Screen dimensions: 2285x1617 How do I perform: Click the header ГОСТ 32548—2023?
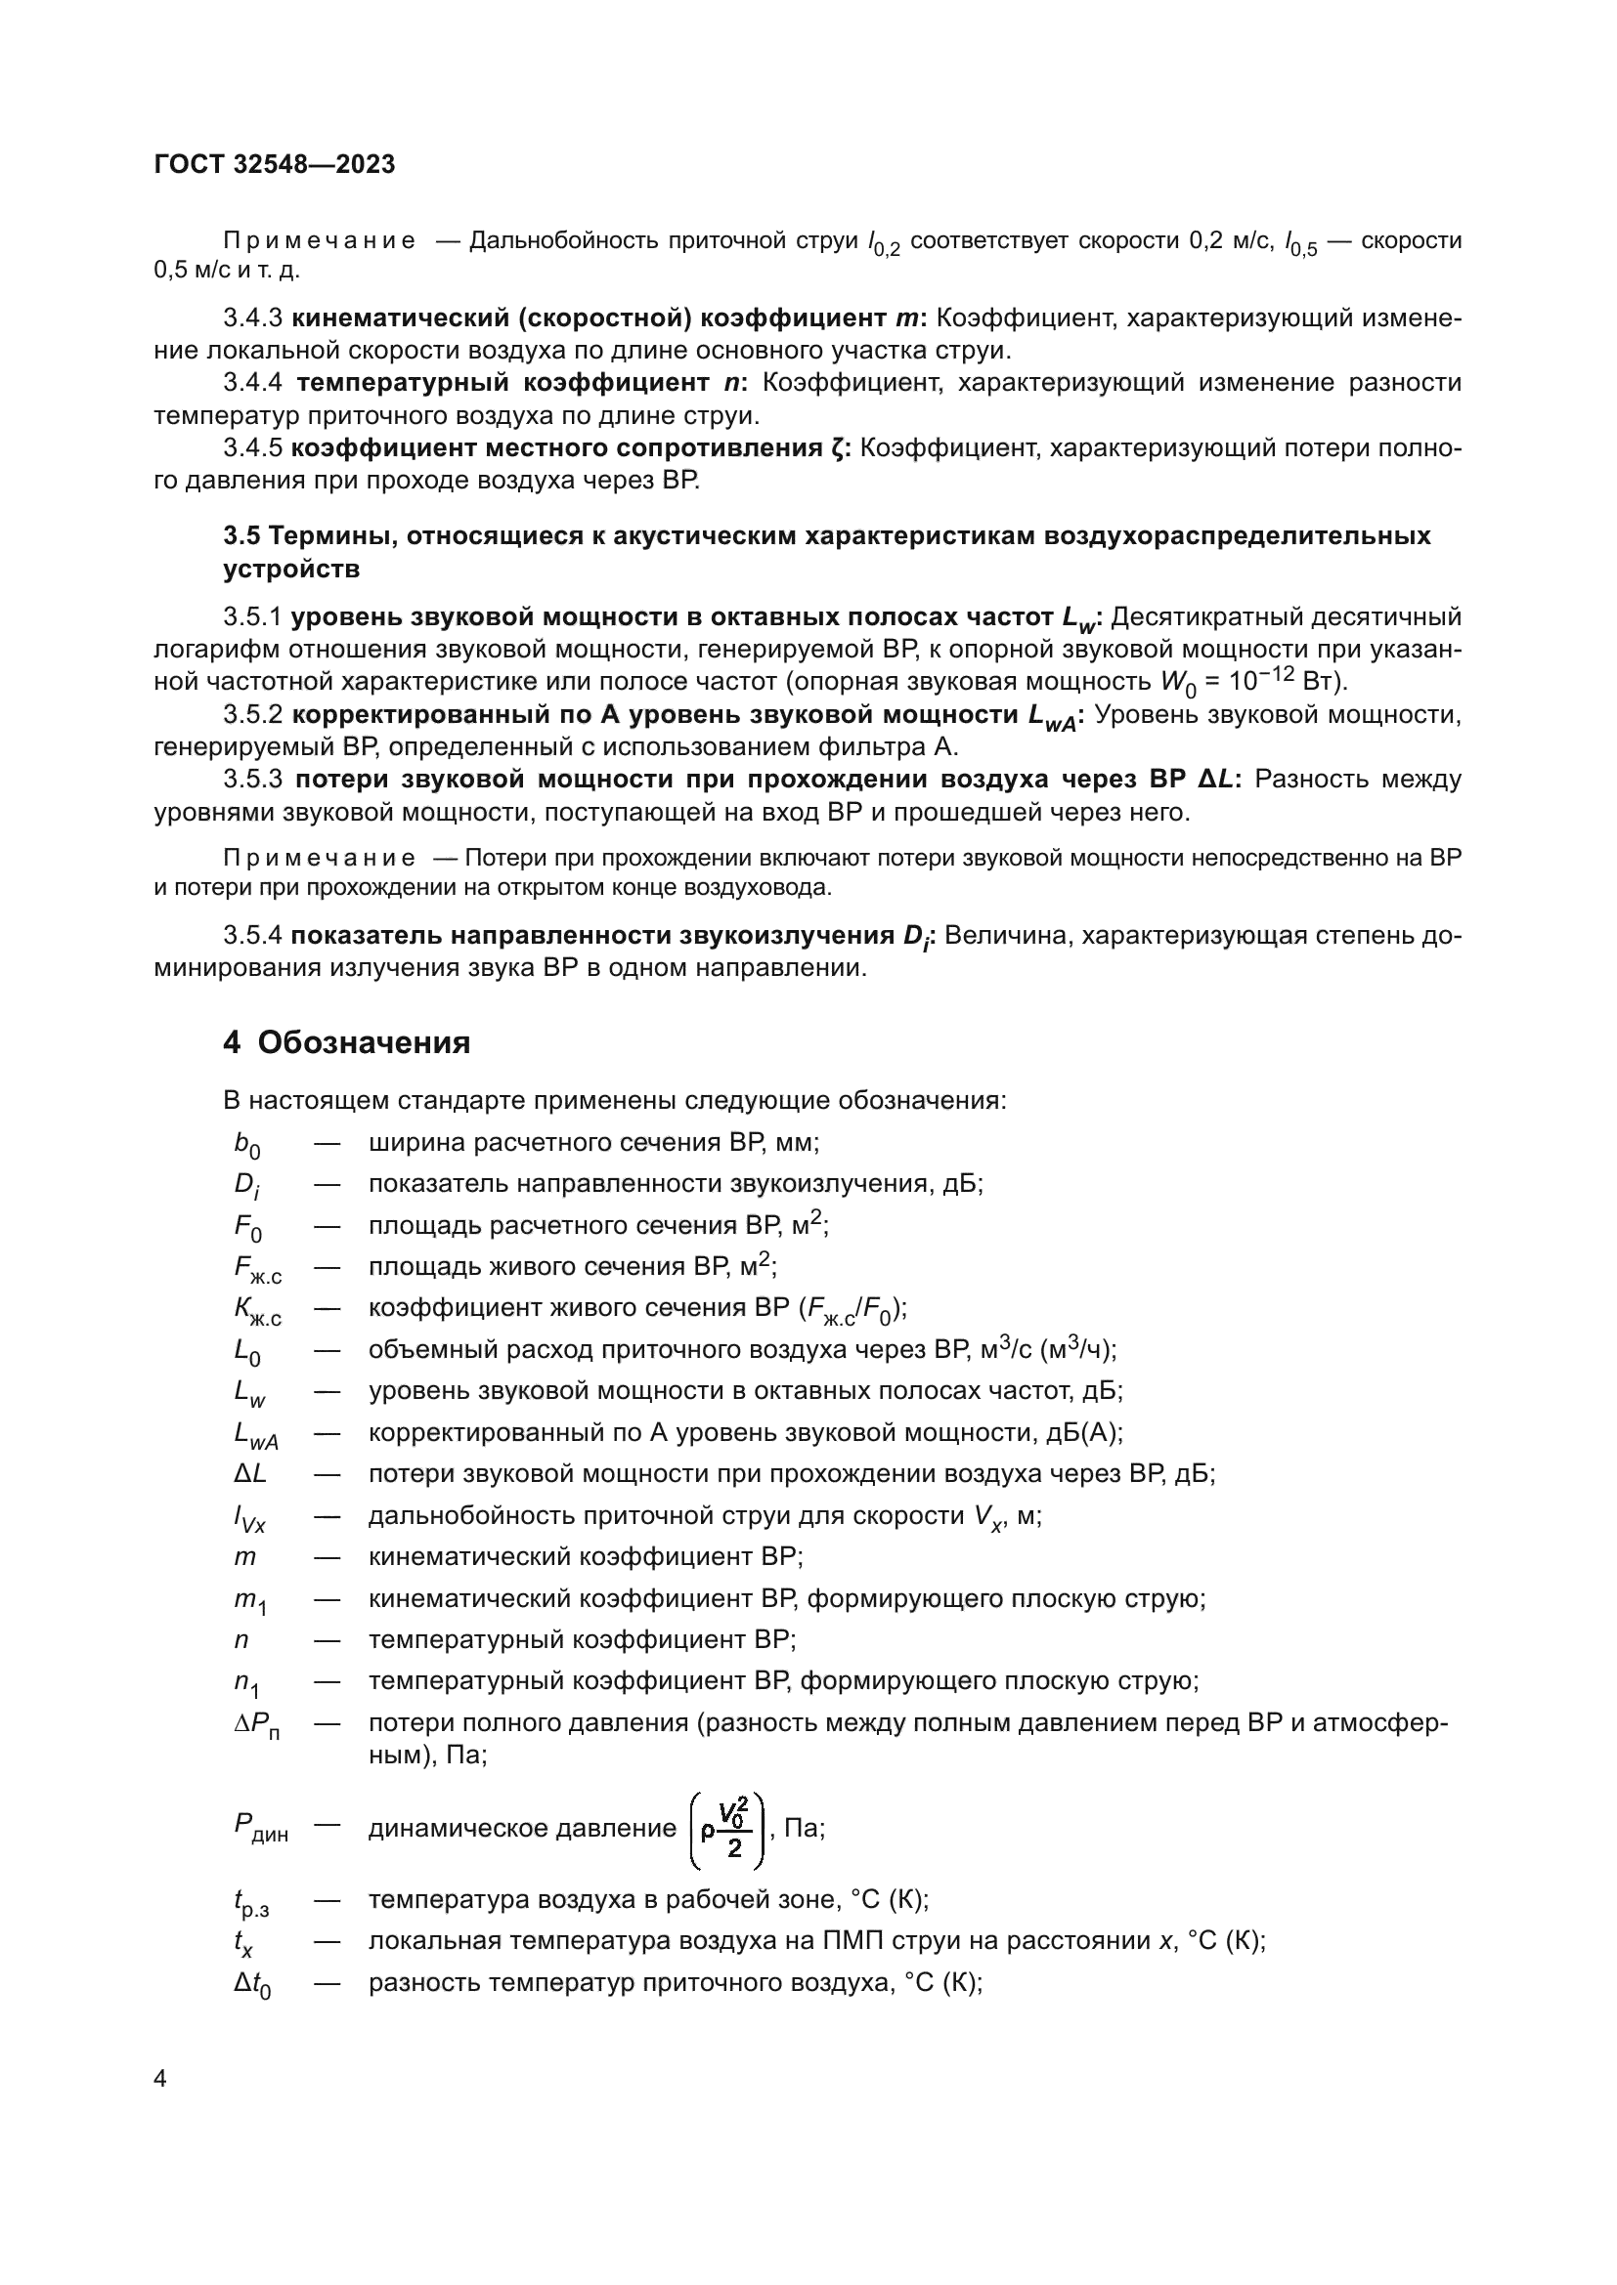(275, 165)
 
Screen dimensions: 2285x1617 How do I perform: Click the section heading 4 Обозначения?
(346, 1043)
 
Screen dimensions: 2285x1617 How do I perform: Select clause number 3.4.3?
(253, 318)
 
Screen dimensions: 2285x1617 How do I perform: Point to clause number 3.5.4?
(253, 936)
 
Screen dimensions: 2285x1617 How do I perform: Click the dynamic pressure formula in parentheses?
(728, 1830)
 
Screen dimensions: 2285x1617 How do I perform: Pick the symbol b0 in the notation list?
(247, 1146)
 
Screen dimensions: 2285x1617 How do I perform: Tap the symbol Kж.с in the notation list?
(257, 1311)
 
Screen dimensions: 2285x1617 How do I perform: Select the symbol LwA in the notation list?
(255, 1435)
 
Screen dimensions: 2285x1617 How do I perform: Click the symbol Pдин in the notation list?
(260, 1827)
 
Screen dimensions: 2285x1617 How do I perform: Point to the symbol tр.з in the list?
(251, 1903)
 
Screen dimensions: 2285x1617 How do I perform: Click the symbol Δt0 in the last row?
(252, 1985)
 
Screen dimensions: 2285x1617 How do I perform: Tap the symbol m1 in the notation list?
(250, 1600)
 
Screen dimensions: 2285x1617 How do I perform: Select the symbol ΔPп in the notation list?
(256, 1725)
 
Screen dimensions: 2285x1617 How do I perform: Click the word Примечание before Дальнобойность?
(319, 241)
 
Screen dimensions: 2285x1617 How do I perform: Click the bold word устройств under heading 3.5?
(290, 570)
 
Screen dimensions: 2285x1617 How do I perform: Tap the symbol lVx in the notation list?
(249, 1518)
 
